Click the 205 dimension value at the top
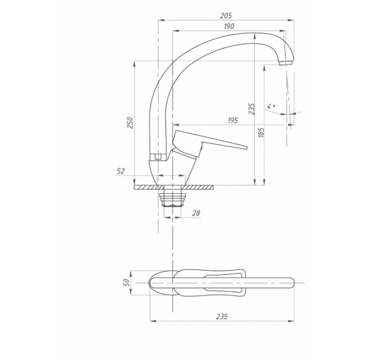(226, 15)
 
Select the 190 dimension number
(229, 26)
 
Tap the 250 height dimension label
(131, 122)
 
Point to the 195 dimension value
(232, 120)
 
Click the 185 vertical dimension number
(261, 132)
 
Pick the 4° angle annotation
(271, 106)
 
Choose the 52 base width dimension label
(121, 171)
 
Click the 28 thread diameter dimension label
(196, 213)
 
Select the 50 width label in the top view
(126, 283)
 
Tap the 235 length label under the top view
(222, 316)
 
